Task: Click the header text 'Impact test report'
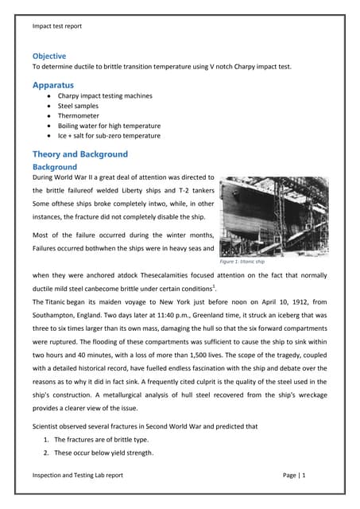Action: click(57, 26)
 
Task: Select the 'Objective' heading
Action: click(49, 56)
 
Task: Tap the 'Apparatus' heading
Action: click(53, 84)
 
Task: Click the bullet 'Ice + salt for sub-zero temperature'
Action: click(109, 136)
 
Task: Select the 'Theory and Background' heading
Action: click(79, 154)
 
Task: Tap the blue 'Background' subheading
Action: click(54, 168)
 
